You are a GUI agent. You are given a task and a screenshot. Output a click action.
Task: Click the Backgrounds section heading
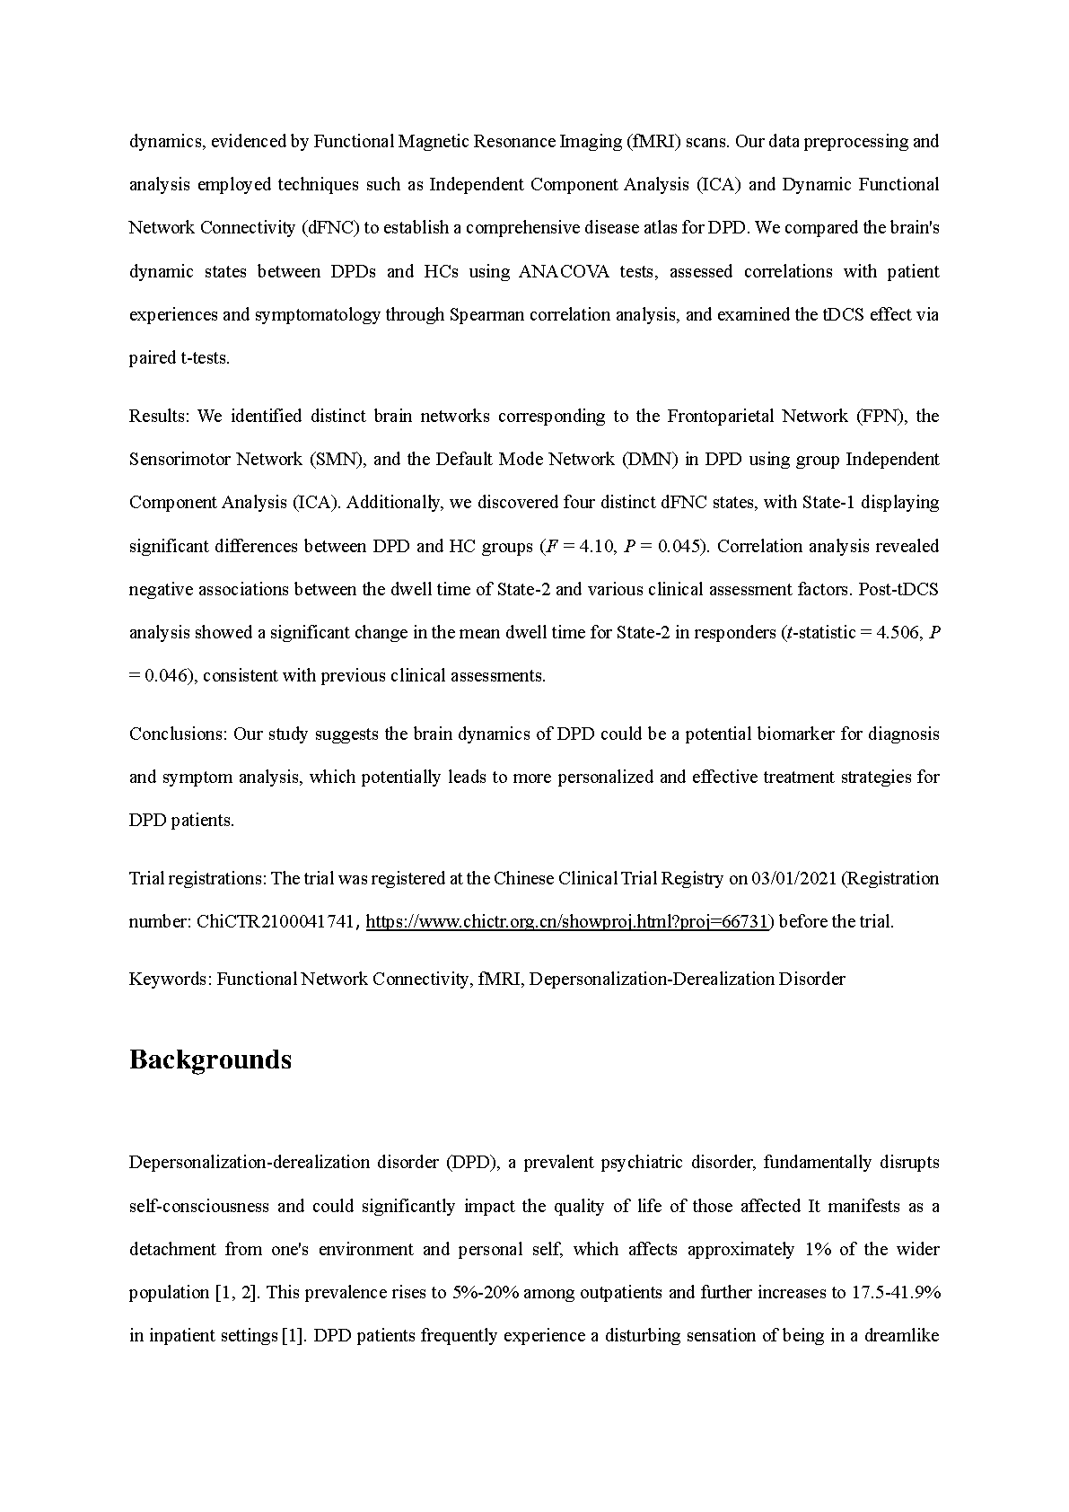pos(210,1059)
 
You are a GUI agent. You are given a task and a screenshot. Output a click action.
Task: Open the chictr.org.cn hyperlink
pos(567,921)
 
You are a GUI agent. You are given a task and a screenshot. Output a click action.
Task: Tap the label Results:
pos(160,416)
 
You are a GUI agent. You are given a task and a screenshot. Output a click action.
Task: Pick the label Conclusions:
pos(178,734)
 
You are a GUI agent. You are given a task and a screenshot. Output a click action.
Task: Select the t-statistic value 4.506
pos(898,632)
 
